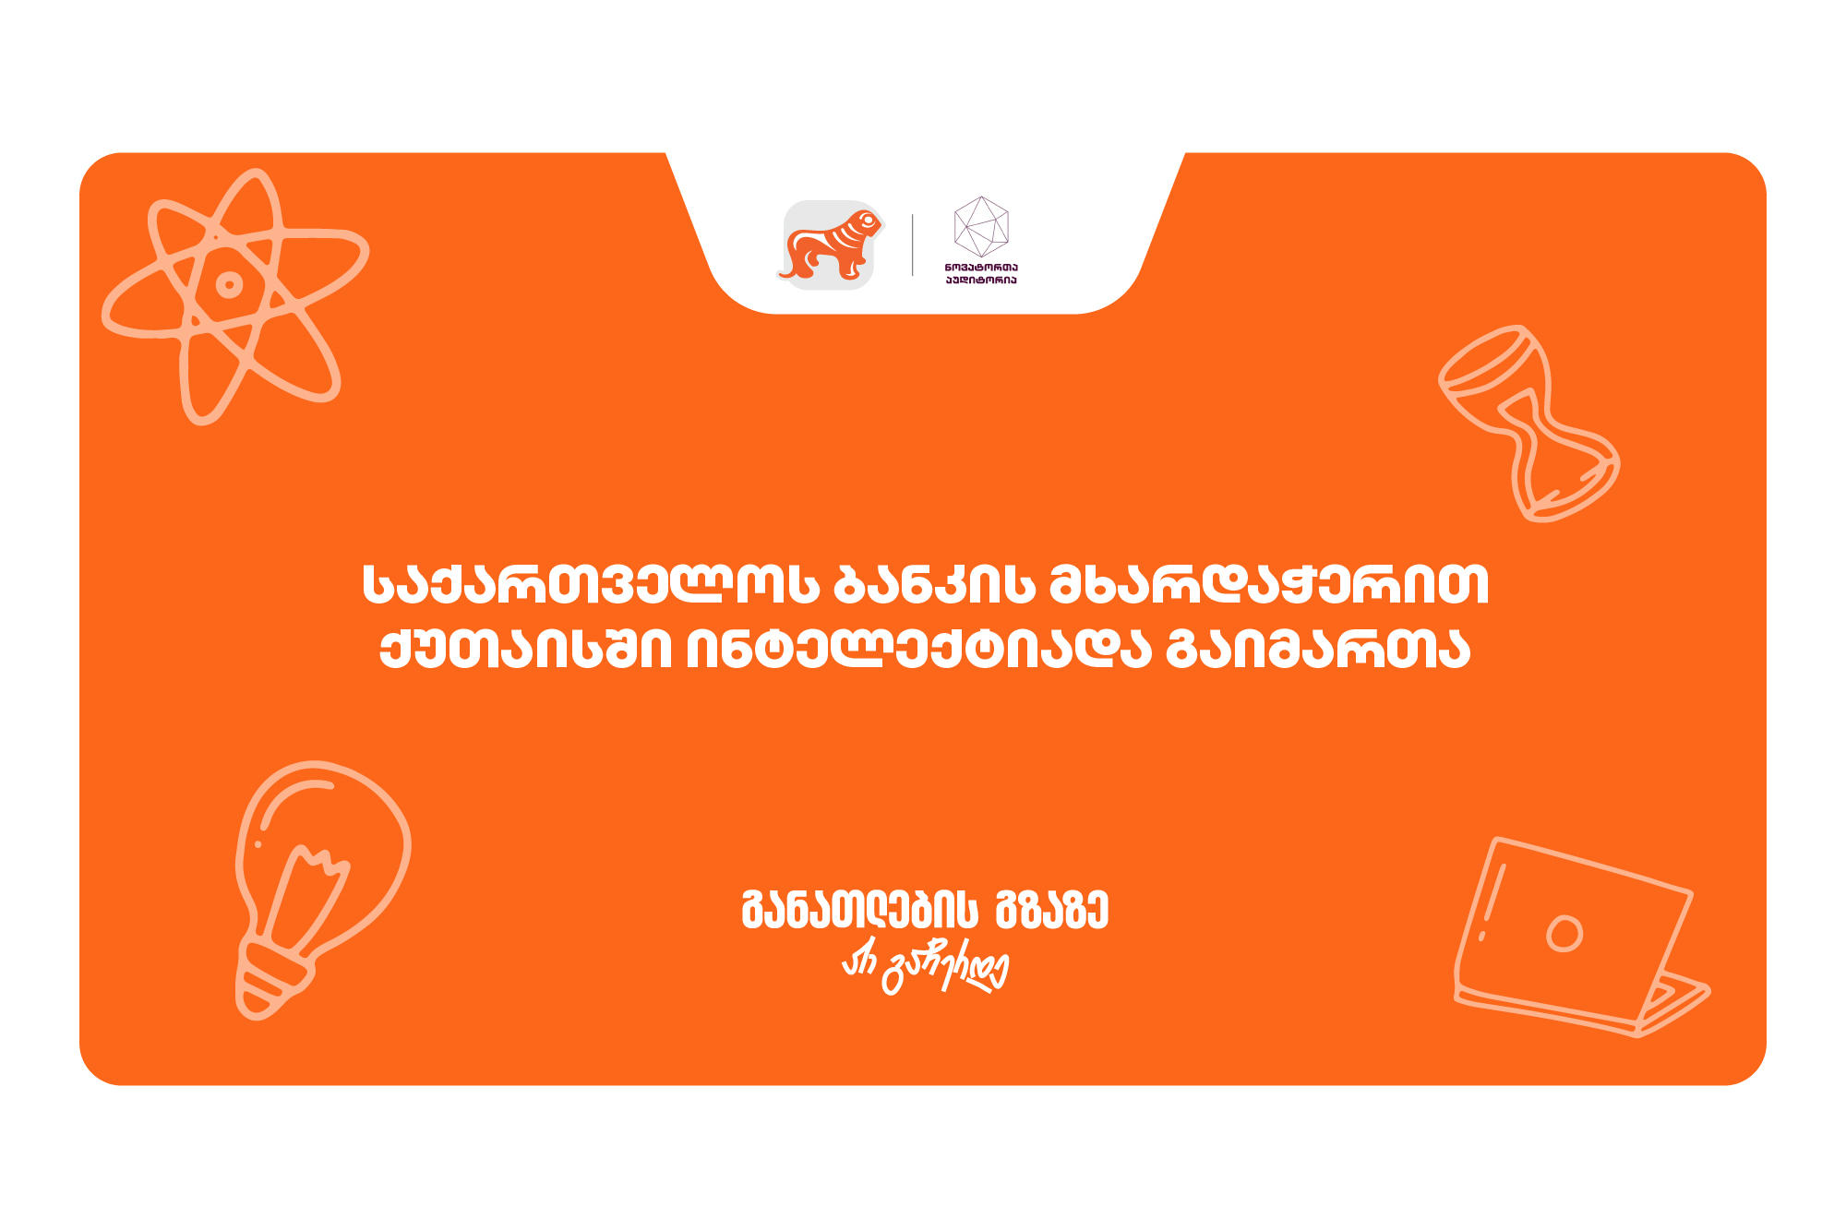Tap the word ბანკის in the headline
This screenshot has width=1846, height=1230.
click(x=933, y=585)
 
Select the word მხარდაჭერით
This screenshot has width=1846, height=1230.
click(x=1269, y=585)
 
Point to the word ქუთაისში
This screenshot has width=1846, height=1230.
click(x=525, y=650)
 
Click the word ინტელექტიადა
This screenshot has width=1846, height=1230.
click(x=917, y=650)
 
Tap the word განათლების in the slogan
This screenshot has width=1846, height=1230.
click(x=859, y=911)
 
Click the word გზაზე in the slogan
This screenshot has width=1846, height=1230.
click(x=1051, y=911)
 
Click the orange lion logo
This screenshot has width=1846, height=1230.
click(x=829, y=245)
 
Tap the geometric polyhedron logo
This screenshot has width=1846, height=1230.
click(x=980, y=226)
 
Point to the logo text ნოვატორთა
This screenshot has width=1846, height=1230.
click(x=980, y=268)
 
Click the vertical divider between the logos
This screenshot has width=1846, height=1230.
click(x=913, y=245)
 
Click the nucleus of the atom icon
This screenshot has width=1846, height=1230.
click(x=229, y=284)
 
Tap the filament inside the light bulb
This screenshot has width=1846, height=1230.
click(x=308, y=890)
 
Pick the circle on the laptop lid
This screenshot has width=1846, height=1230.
click(x=1564, y=933)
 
